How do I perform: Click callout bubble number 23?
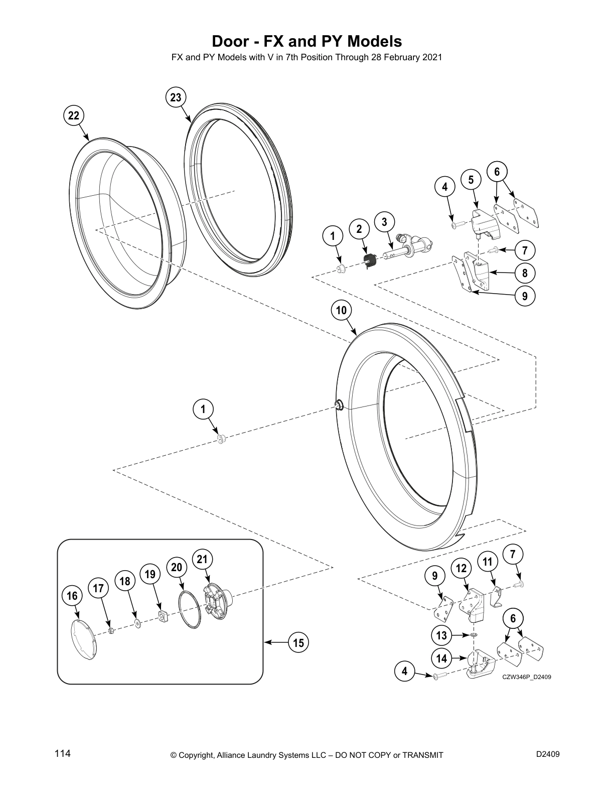point(176,97)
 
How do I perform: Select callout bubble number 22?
point(74,115)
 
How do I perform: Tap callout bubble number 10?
point(341,310)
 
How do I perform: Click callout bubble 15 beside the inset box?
point(298,642)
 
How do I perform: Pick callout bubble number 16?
point(72,596)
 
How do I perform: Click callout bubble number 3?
point(384,221)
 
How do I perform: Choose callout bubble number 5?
point(471,180)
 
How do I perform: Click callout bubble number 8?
point(525,273)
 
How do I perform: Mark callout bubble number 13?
point(441,635)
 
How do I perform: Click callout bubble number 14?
point(441,657)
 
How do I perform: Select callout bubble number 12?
point(462,568)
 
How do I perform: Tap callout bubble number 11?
point(488,562)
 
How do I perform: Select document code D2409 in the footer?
point(548,754)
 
